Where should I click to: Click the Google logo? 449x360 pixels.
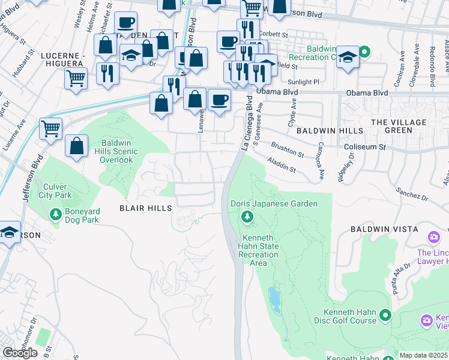point(20,353)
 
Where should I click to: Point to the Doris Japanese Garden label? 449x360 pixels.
point(274,204)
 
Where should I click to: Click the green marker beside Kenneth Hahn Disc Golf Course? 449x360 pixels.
point(385,315)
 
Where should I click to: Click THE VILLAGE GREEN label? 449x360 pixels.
point(399,126)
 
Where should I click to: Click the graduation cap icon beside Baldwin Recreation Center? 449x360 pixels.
point(348,58)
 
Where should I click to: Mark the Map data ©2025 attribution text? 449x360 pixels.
point(424,355)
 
